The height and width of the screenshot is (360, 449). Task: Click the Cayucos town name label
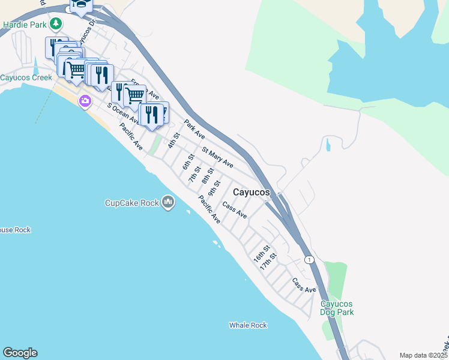pos(251,192)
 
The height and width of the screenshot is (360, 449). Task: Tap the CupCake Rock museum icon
pos(169,203)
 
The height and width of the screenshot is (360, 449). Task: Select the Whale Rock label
pos(248,325)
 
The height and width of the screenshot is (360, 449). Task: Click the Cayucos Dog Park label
pos(337,308)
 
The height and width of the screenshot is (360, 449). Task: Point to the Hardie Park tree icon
pos(56,24)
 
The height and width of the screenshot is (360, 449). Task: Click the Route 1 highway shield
pos(309,259)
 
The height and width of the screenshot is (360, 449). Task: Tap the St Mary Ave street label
pos(217,157)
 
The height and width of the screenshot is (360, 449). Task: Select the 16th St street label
pos(261,253)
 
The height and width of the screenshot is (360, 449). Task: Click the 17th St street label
pos(268,261)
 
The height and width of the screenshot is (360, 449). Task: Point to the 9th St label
pos(214,187)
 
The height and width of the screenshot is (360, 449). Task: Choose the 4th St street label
pos(173,140)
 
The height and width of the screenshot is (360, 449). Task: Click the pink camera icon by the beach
pos(85,101)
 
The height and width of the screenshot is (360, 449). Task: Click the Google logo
pos(20,353)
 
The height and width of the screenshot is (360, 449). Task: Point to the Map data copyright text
pos(423,355)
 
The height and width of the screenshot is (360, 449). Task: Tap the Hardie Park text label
pos(24,25)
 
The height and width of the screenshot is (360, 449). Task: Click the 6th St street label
pos(188,162)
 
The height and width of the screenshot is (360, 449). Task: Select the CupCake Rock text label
pos(132,203)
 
